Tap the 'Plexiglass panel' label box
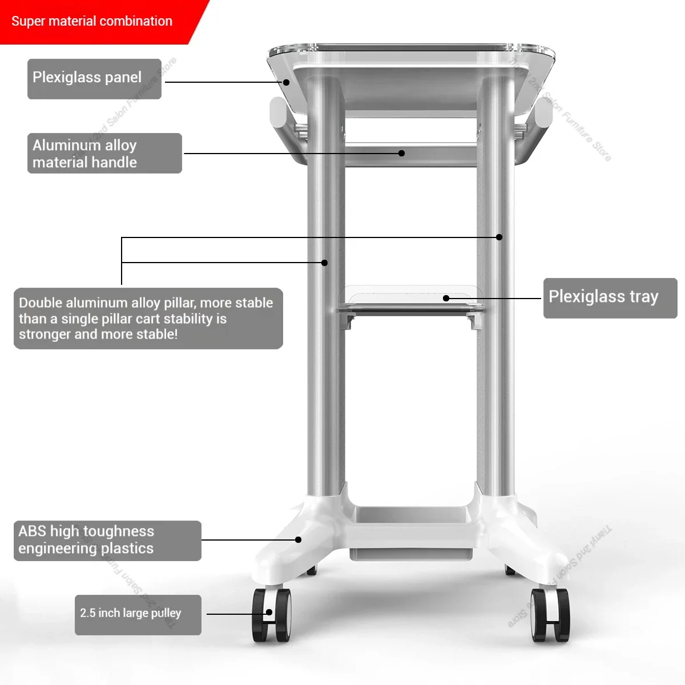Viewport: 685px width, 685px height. [x=94, y=79]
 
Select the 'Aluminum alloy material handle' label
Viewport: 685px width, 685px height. [x=104, y=154]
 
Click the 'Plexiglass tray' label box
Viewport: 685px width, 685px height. [x=610, y=297]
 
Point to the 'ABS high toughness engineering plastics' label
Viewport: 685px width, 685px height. [x=107, y=540]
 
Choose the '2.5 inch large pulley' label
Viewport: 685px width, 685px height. [x=138, y=614]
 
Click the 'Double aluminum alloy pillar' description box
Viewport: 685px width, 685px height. [x=148, y=318]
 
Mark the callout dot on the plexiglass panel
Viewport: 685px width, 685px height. [x=287, y=82]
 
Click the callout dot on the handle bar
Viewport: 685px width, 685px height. [x=401, y=153]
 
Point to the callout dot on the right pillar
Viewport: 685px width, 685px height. [x=499, y=237]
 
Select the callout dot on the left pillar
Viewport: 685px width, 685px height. [x=324, y=263]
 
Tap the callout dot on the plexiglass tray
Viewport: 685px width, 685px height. [x=446, y=298]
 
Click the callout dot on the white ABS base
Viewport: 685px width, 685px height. [x=298, y=539]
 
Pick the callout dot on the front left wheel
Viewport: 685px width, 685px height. [x=268, y=613]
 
